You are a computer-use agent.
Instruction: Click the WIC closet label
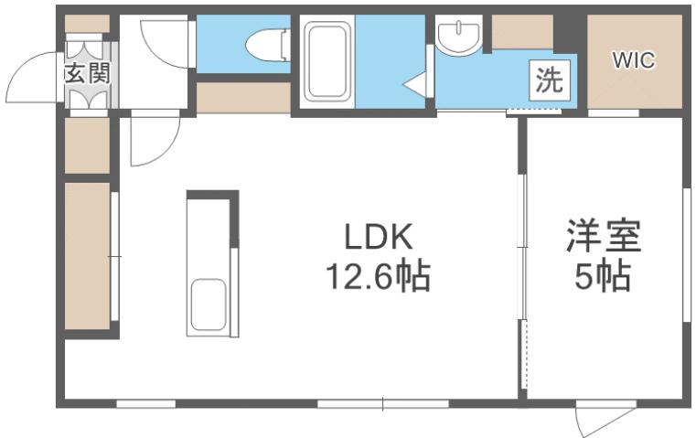tap(633, 61)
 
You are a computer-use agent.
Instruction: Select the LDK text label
tap(380, 237)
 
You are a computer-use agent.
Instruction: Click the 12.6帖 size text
tap(379, 275)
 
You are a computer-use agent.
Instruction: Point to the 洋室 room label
tap(604, 237)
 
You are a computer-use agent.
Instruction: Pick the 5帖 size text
tap(604, 275)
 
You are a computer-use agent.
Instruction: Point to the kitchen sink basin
tap(208, 306)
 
